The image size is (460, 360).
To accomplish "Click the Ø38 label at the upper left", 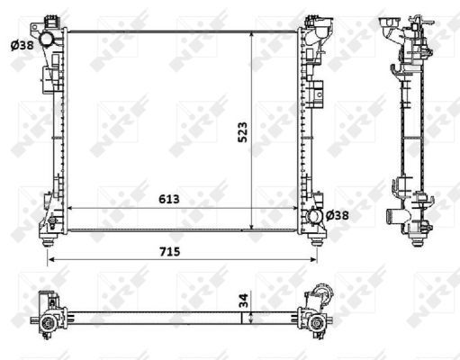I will pyautogui.click(x=22, y=45).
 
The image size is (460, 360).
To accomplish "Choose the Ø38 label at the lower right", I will pyautogui.click(x=337, y=215).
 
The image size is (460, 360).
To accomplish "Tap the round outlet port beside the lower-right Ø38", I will pyautogui.click(x=314, y=218).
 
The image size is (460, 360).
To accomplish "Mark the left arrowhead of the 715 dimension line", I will pyautogui.click(x=49, y=259).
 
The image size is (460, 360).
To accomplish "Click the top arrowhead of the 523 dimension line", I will pyautogui.click(x=250, y=33).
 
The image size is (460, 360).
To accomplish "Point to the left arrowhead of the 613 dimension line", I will pyautogui.click(x=70, y=209).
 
